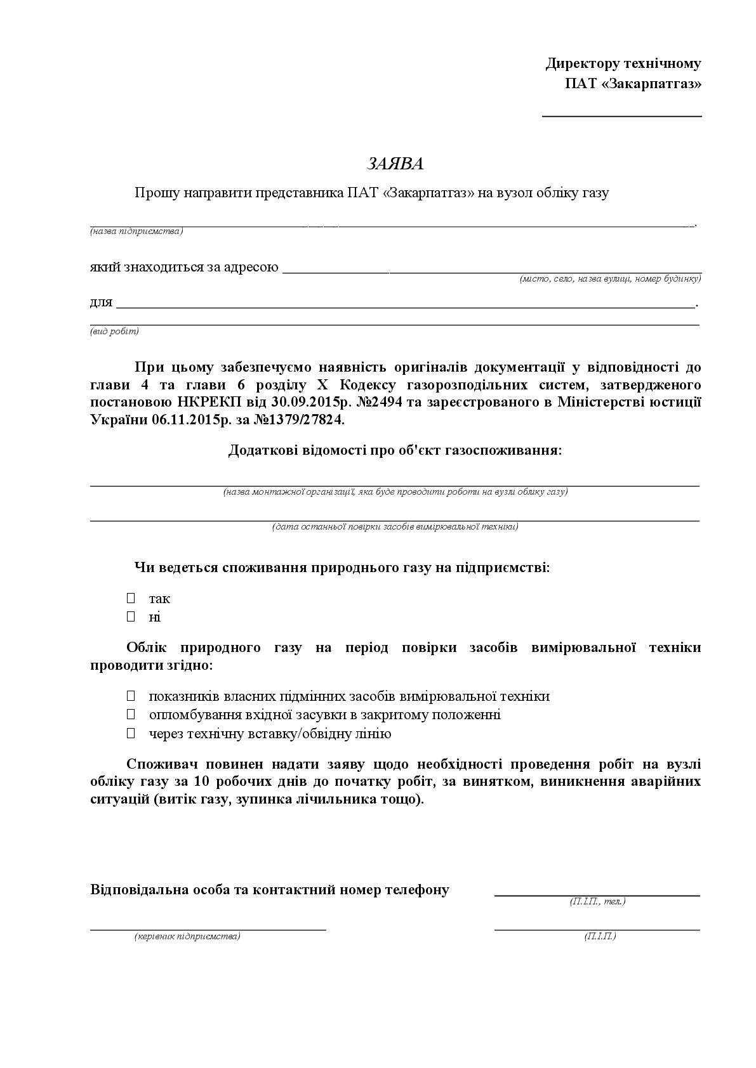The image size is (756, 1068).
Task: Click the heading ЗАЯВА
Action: click(x=395, y=164)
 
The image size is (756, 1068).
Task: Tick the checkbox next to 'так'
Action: click(x=131, y=598)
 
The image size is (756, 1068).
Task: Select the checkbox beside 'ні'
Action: click(x=131, y=616)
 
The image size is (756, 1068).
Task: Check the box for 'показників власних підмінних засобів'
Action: click(x=131, y=696)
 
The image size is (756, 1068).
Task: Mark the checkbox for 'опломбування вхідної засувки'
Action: click(x=131, y=715)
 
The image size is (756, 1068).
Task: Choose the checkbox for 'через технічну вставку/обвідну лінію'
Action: click(x=131, y=734)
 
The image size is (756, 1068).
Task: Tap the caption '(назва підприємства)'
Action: click(x=136, y=231)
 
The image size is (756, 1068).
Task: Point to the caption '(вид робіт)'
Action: click(x=114, y=332)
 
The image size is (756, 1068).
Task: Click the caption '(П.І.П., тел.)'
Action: click(x=597, y=901)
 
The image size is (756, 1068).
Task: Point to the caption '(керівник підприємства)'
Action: click(x=187, y=936)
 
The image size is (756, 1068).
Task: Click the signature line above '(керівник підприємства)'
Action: click(x=208, y=928)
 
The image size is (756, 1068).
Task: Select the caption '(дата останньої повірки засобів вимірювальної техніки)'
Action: click(x=395, y=527)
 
